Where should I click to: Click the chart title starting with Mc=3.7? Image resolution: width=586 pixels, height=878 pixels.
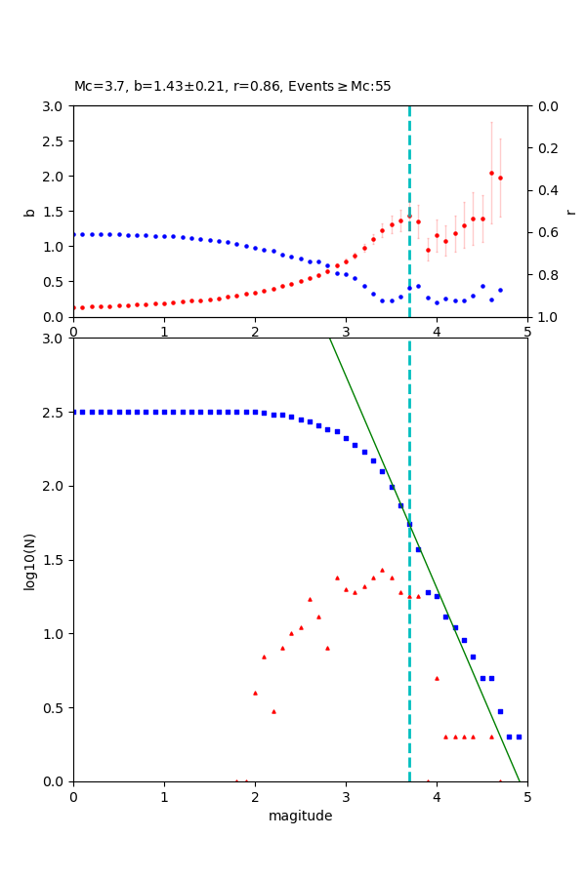point(232,86)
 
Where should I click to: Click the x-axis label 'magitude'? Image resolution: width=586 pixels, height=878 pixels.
point(300,816)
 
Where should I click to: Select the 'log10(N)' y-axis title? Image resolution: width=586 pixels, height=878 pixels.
point(29,560)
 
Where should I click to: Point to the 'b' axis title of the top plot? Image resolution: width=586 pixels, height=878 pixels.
point(29,212)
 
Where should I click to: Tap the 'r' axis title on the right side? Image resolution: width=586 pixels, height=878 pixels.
point(570,212)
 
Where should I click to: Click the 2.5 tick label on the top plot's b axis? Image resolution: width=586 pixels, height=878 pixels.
point(55,141)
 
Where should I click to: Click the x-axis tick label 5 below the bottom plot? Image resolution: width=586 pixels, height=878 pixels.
point(527,796)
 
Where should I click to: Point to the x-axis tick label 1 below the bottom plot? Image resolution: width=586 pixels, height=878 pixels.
point(164,796)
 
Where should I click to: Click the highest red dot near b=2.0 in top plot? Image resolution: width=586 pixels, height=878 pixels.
point(491,173)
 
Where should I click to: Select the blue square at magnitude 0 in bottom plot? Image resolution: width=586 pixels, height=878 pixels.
point(74,412)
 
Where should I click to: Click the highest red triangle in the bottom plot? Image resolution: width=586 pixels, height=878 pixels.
point(382,570)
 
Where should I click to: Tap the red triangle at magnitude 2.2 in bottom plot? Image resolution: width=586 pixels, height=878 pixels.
point(273,711)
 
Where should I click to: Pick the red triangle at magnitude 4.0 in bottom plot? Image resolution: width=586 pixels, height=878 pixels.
point(437,678)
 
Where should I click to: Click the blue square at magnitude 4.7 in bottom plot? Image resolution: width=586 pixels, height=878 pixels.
point(500,711)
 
